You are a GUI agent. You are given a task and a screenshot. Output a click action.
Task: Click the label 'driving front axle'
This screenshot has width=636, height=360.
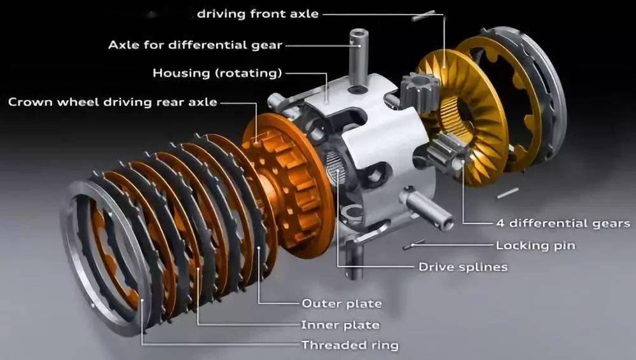(x=258, y=14)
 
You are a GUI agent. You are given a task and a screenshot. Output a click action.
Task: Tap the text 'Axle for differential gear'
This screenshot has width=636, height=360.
(x=195, y=45)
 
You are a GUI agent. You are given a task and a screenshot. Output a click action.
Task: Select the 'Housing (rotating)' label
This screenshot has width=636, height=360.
(x=217, y=73)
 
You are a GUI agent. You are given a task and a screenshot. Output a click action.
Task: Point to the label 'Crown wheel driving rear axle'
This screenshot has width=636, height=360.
(x=113, y=102)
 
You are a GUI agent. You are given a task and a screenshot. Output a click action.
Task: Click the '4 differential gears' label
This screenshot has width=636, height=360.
(x=563, y=223)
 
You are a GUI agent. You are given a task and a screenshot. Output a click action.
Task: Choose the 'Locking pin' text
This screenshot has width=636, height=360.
(x=536, y=245)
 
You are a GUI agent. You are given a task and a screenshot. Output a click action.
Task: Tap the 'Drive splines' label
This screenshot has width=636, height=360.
(x=463, y=267)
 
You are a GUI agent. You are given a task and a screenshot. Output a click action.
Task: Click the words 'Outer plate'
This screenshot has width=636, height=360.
(x=342, y=303)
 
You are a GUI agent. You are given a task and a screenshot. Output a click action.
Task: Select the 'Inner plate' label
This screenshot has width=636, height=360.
(x=340, y=325)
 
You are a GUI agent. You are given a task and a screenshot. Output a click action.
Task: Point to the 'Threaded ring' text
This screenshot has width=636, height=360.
(x=350, y=345)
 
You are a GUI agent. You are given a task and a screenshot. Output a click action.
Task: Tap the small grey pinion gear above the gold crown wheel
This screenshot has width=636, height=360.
(x=419, y=93)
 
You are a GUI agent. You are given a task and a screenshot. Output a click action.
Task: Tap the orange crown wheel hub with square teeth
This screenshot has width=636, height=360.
(x=288, y=184)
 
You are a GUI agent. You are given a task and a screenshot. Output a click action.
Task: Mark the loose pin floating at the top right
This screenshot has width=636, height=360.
(x=424, y=16)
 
